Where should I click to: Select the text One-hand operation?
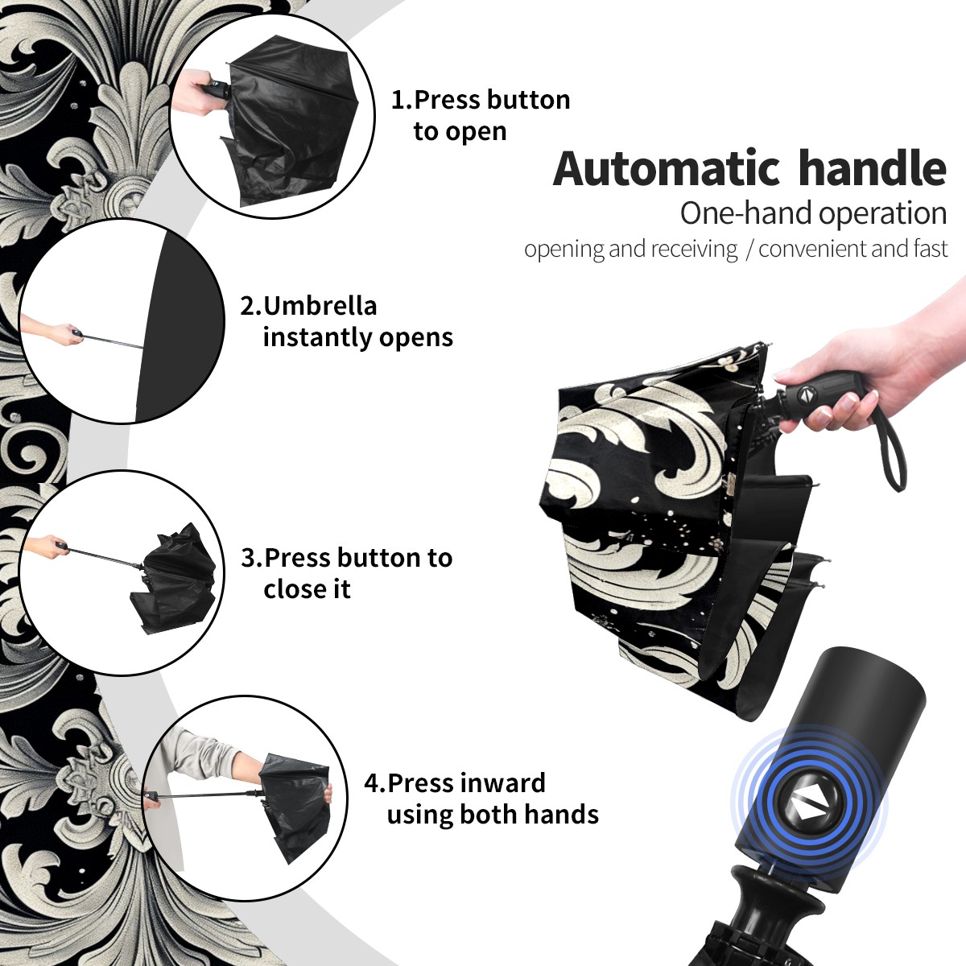[x=813, y=213]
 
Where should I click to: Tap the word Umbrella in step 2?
[x=320, y=306]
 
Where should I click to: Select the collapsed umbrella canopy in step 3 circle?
[x=173, y=579]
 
